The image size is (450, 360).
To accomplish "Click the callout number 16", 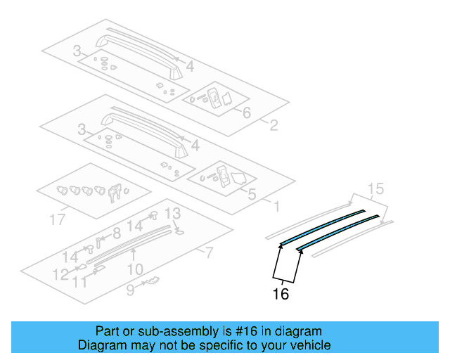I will tap(281, 294).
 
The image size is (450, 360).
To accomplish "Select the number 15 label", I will tap(376, 188).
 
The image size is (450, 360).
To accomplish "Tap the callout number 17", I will tap(60, 219).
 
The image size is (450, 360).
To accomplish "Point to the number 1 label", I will tap(276, 207).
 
